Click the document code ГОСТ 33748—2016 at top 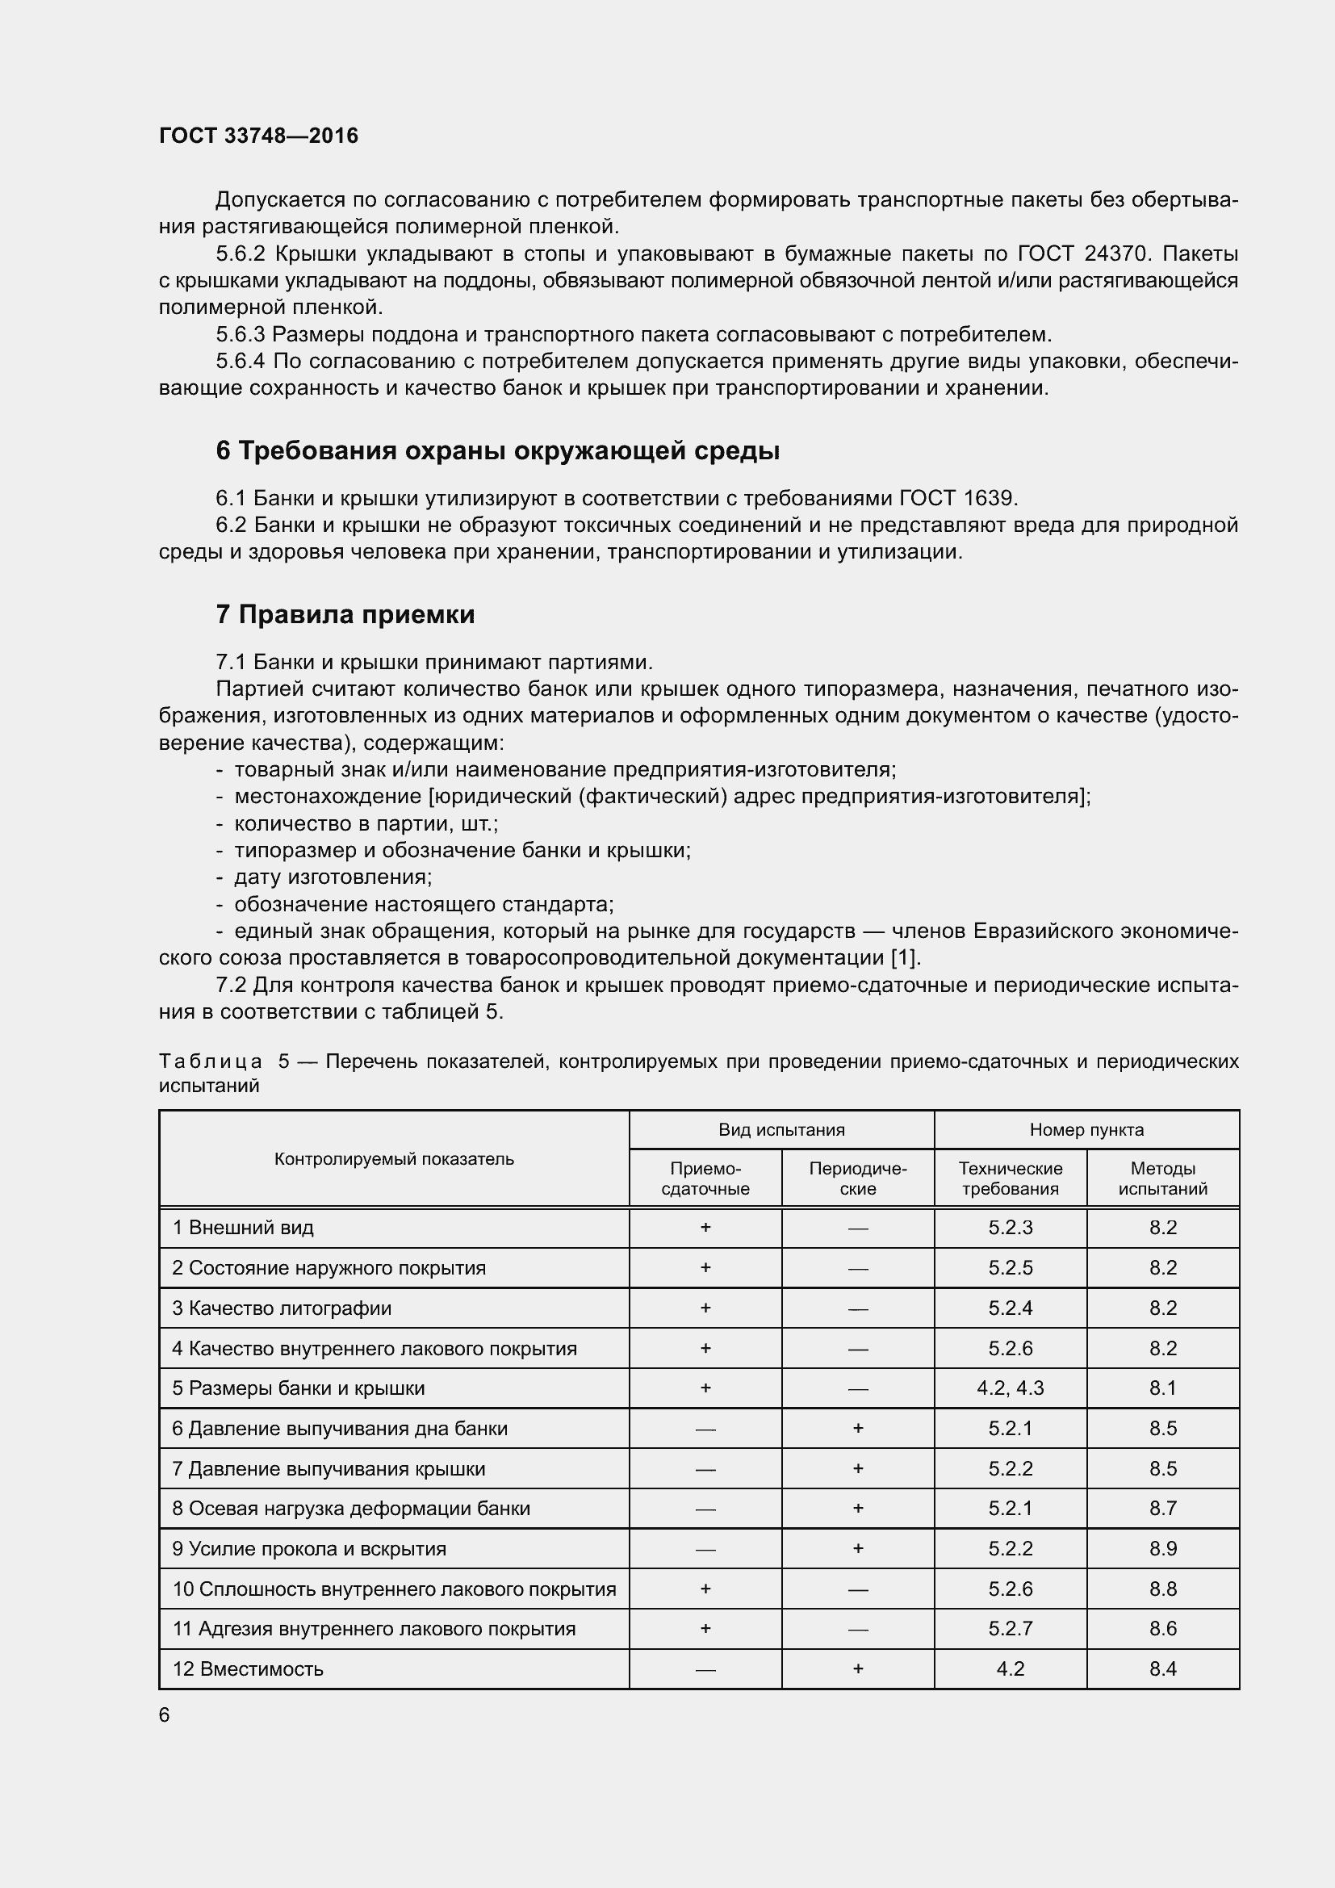coord(258,136)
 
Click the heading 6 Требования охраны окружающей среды coord(497,450)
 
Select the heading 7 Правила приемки coord(345,614)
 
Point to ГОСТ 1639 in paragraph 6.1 coord(959,498)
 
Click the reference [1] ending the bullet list coord(906,958)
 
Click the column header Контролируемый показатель coord(394,1158)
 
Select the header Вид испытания coord(781,1130)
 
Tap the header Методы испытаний coord(1162,1178)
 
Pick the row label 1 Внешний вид coord(242,1228)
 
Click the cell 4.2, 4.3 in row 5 coord(1010,1388)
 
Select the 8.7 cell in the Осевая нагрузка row coord(1162,1508)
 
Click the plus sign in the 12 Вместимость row coord(857,1668)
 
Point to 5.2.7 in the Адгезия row coord(1010,1628)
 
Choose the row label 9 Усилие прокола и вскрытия coord(309,1548)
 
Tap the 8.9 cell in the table coord(1162,1548)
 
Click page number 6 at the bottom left coord(165,1714)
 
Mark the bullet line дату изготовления coord(332,877)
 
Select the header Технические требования coord(1010,1178)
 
